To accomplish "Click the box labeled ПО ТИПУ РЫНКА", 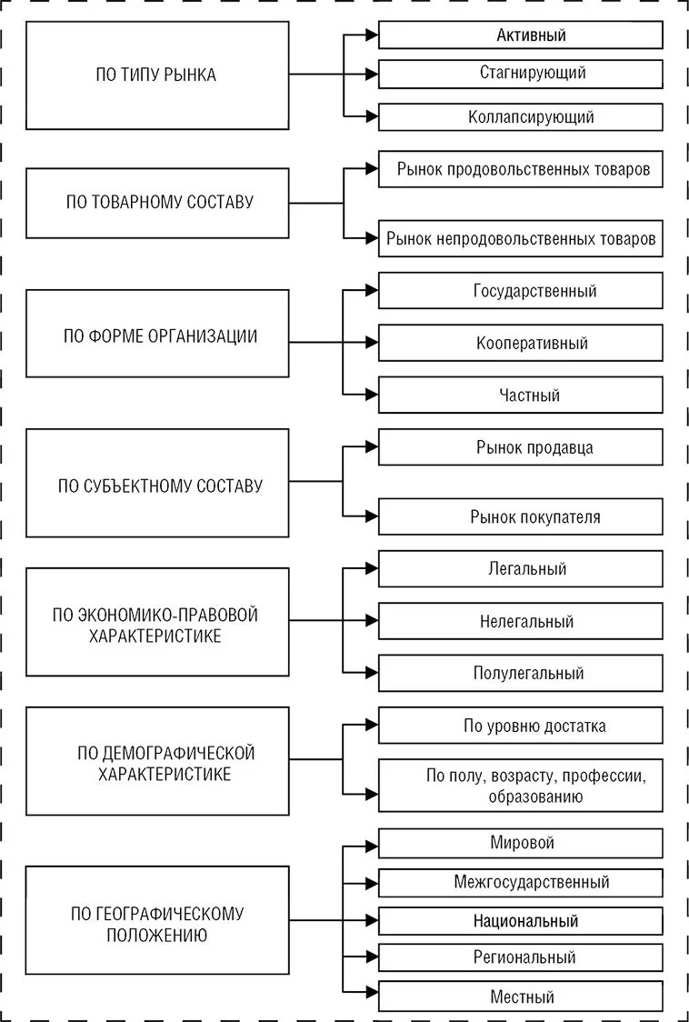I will pyautogui.click(x=156, y=75).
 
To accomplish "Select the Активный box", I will pyautogui.click(x=520, y=35).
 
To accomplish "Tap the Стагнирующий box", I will pyautogui.click(x=520, y=73).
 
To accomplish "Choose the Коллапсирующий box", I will pyautogui.click(x=520, y=117).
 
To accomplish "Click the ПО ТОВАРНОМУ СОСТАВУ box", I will pyautogui.click(x=156, y=203).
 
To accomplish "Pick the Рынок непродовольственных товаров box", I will pyautogui.click(x=520, y=240).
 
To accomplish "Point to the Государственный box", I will pyautogui.click(x=520, y=291).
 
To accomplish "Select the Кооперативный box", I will pyautogui.click(x=520, y=343).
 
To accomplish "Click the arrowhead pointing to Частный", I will pyautogui.click(x=371, y=395).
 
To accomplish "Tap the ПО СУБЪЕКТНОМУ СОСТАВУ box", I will pyautogui.click(x=156, y=485).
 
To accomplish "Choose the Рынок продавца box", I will pyautogui.click(x=520, y=447).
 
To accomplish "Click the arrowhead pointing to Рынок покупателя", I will pyautogui.click(x=371, y=516).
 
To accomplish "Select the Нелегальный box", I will pyautogui.click(x=520, y=622).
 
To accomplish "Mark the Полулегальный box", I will pyautogui.click(x=520, y=674).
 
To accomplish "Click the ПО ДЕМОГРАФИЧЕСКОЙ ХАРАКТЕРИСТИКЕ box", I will pyautogui.click(x=156, y=762).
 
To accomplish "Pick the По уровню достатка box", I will pyautogui.click(x=520, y=726).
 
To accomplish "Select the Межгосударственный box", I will pyautogui.click(x=520, y=882).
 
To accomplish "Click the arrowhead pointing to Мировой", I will pyautogui.click(x=371, y=844).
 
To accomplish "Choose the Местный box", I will pyautogui.click(x=520, y=997).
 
